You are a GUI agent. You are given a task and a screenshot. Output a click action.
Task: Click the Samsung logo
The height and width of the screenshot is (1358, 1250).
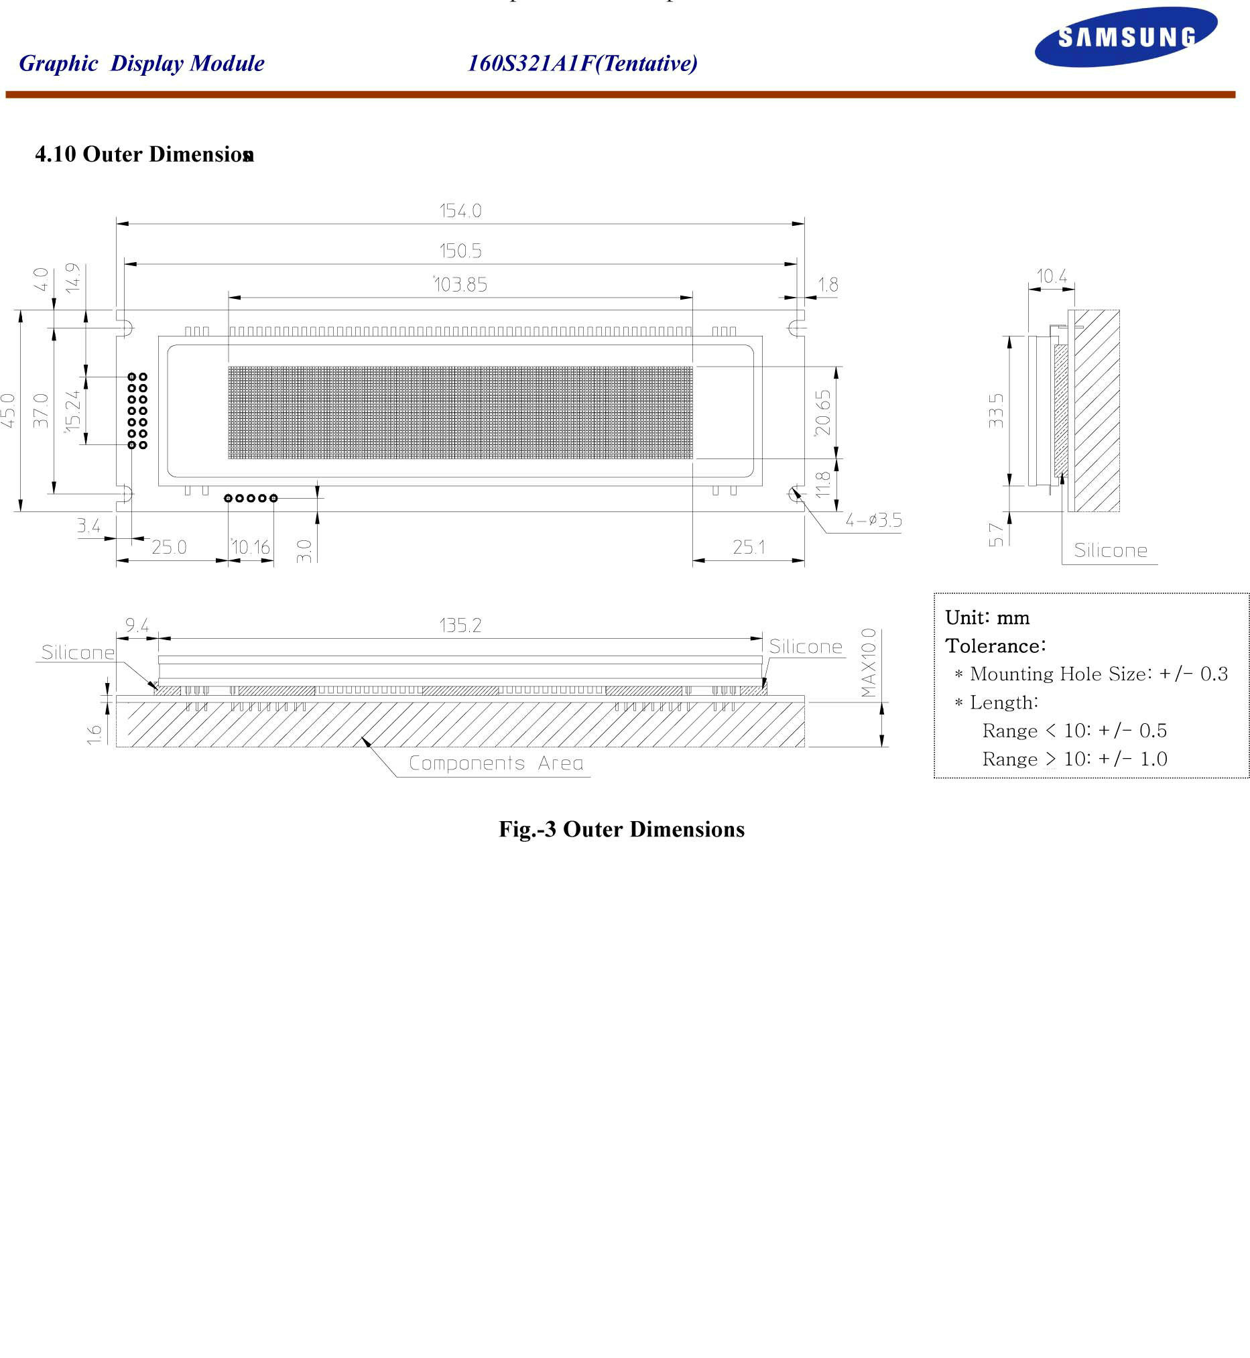coord(1125,36)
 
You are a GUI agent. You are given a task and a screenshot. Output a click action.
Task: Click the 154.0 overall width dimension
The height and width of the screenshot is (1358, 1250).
coord(460,211)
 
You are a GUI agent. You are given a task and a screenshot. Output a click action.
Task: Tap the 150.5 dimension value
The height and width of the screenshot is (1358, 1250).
coord(460,251)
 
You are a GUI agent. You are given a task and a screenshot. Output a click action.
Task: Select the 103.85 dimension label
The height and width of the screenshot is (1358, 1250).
coord(460,285)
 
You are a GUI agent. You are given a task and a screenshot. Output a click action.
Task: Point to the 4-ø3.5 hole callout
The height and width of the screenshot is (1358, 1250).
coord(873,520)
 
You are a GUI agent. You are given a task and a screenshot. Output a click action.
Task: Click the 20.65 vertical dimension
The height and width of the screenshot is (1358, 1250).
coord(822,412)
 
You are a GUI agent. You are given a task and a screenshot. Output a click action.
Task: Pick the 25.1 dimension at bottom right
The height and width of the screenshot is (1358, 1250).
coord(748,547)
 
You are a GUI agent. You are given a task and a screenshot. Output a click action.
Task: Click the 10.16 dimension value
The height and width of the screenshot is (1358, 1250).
coord(251,547)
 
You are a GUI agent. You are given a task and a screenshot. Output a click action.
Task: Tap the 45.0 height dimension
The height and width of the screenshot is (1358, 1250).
coord(8,410)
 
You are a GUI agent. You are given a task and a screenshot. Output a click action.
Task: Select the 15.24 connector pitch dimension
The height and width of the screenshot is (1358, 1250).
coord(72,410)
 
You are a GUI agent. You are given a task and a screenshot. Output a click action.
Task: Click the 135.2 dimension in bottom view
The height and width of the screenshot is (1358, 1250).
coord(460,625)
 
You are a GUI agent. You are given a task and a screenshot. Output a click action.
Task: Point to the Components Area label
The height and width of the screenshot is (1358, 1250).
coord(496,763)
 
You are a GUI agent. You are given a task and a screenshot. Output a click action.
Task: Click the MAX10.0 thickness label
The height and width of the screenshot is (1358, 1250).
coord(869,662)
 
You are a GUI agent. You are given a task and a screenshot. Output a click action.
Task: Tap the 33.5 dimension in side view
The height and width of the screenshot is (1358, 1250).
coord(997,410)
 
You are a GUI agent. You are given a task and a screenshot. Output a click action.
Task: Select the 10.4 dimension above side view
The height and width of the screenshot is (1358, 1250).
coord(1052,276)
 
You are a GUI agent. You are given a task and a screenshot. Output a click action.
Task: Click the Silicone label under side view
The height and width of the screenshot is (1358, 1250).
coord(1111,550)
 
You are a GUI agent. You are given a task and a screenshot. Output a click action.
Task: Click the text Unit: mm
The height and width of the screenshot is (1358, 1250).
coord(987,618)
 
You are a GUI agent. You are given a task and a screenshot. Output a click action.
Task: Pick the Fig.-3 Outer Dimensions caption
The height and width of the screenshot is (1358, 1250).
coord(621,829)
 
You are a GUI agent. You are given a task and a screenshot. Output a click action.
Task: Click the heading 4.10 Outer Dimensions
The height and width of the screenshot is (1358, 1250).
coord(144,154)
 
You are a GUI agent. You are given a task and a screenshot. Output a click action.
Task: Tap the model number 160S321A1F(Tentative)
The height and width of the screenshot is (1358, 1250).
coord(582,64)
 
